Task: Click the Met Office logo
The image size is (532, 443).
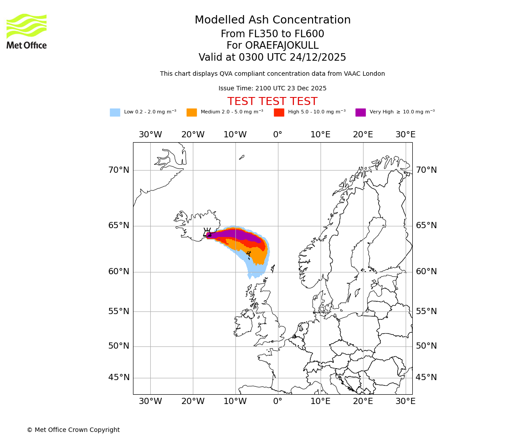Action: coord(27,31)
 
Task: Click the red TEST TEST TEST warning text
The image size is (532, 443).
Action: coord(272,101)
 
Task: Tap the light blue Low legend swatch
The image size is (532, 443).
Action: coord(115,113)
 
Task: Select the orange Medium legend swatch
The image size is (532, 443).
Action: coord(192,113)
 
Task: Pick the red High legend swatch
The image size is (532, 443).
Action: coord(279,113)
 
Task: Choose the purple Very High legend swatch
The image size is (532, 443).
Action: coord(360,113)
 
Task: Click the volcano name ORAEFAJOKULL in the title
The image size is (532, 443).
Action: coord(272,46)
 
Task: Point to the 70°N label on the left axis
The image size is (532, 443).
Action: coord(119,170)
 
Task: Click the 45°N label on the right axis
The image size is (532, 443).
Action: coord(426,377)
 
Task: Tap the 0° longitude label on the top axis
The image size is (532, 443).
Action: coord(278,135)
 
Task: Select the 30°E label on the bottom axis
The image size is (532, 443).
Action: coord(405,401)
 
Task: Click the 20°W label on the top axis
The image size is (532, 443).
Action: coord(193,135)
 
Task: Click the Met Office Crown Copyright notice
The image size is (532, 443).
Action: coord(73,430)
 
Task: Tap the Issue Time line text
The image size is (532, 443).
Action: coord(272,88)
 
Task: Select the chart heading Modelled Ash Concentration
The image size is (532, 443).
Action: coord(272,20)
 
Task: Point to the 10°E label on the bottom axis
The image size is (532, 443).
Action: coord(320,401)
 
